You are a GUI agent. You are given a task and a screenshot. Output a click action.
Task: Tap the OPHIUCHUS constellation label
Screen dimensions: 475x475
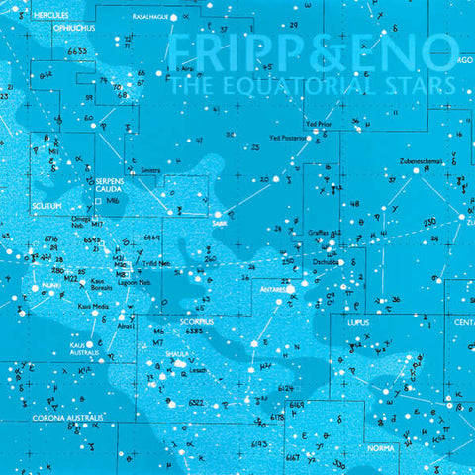[x=75, y=29]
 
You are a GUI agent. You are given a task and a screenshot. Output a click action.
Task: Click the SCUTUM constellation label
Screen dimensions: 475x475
[x=46, y=205]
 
